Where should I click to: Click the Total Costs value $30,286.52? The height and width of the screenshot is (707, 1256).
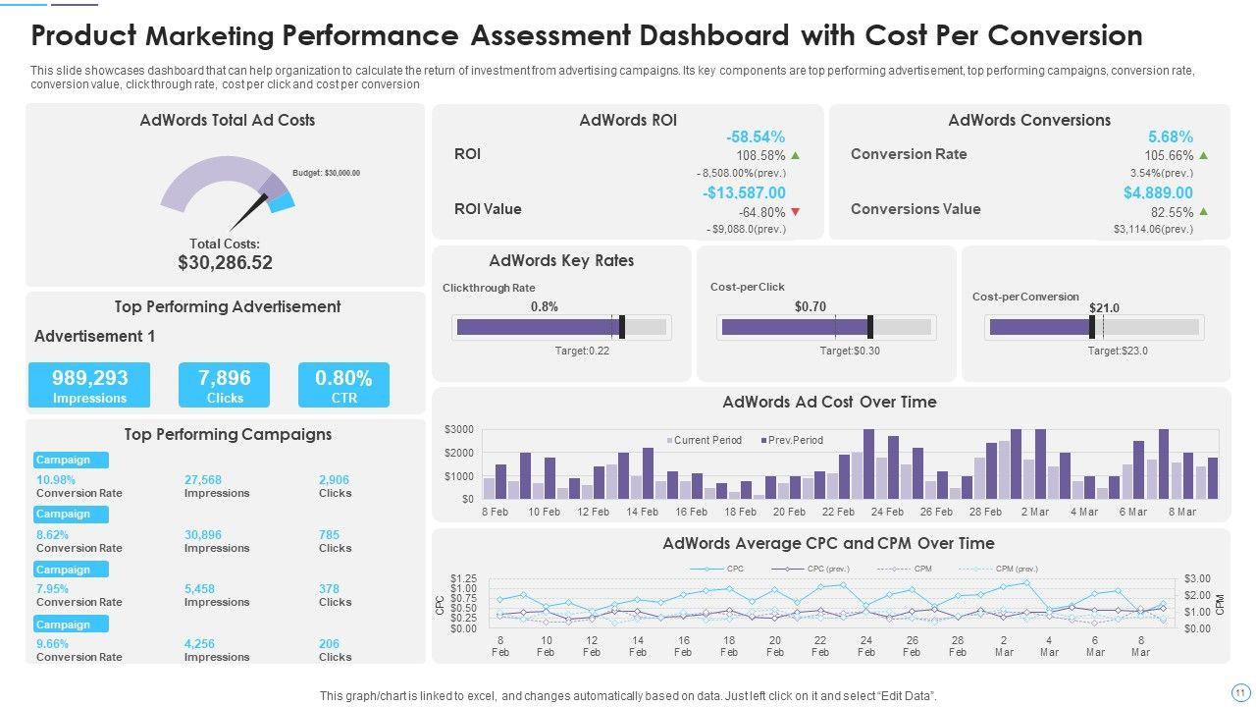click(x=225, y=263)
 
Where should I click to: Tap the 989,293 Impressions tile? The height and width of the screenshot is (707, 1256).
click(x=89, y=385)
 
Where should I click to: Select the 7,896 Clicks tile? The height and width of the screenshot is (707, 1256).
click(x=224, y=385)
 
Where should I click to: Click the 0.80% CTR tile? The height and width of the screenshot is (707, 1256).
click(x=343, y=385)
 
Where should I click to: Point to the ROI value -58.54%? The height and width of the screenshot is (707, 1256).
click(x=756, y=137)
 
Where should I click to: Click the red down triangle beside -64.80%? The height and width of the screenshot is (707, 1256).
click(x=796, y=212)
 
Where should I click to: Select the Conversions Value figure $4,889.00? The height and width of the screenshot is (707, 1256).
click(x=1158, y=192)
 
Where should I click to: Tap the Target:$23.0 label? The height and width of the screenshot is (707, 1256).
click(x=1118, y=351)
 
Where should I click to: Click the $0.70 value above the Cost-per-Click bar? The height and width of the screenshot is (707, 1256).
click(x=810, y=306)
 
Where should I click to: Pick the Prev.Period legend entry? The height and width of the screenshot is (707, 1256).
click(x=793, y=440)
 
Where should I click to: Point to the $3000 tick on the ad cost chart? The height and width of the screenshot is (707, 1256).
click(x=459, y=430)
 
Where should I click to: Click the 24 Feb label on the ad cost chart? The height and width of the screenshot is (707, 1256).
click(x=887, y=512)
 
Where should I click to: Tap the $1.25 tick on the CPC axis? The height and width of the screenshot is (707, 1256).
click(x=463, y=578)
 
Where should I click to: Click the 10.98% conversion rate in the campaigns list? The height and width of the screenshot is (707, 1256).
click(x=56, y=480)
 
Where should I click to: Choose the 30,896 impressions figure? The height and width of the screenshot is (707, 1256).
click(x=203, y=535)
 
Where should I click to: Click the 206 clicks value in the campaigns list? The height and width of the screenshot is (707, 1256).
click(x=329, y=644)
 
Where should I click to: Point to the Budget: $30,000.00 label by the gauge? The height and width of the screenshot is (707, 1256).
click(x=326, y=173)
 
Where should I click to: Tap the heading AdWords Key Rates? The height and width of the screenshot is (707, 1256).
click(x=561, y=261)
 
